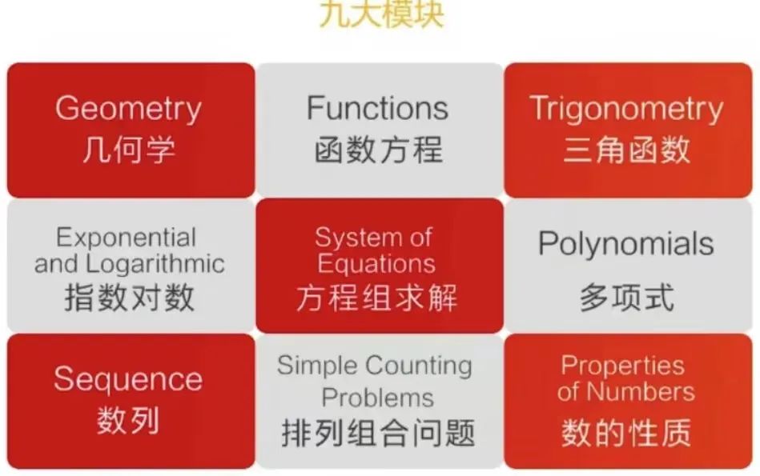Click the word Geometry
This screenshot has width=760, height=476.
[128, 109]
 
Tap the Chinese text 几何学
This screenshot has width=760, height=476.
[128, 150]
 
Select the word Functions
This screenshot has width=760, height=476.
[377, 108]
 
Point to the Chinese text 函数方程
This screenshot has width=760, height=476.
[377, 150]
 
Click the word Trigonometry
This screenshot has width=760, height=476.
[626, 109]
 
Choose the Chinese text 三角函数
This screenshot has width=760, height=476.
[626, 150]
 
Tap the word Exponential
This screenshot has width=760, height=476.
[127, 238]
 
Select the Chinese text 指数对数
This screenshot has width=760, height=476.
[129, 298]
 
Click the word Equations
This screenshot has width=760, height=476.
[376, 263]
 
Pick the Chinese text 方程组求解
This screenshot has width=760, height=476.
[377, 298]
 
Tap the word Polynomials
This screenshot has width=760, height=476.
[625, 244]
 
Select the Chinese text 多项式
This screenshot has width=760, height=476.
[626, 298]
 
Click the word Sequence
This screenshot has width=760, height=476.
[128, 379]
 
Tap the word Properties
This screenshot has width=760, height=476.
[622, 366]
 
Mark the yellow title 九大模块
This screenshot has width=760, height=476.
[381, 14]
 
